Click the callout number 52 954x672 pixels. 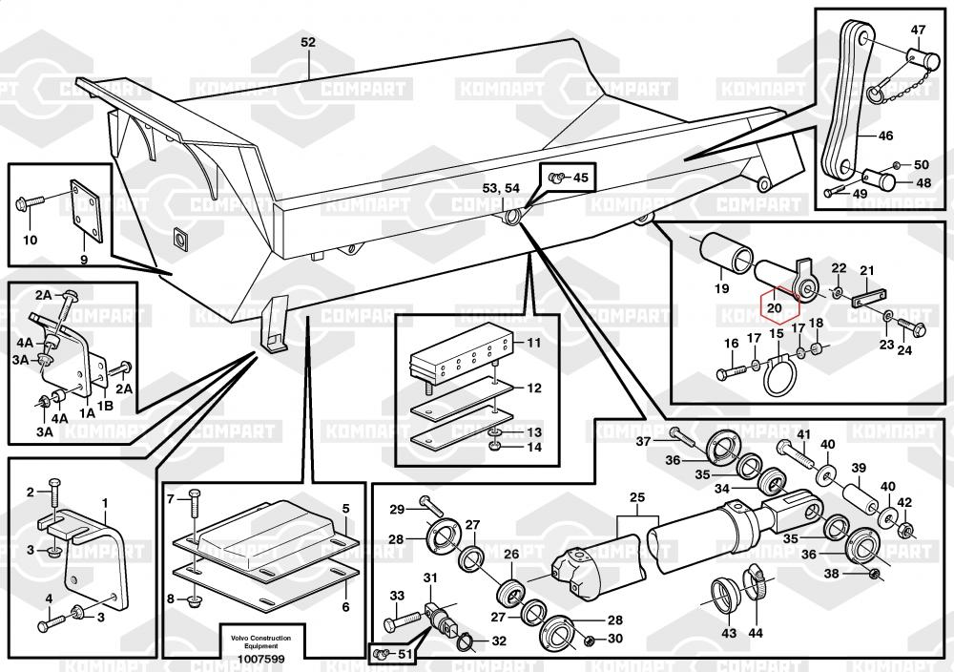pyautogui.click(x=307, y=43)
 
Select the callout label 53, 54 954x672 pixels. pyautogui.click(x=501, y=189)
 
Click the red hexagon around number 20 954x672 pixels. pyautogui.click(x=774, y=306)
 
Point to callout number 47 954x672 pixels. pyautogui.click(x=917, y=30)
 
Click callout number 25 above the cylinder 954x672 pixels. pyautogui.click(x=636, y=497)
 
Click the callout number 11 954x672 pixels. pyautogui.click(x=533, y=342)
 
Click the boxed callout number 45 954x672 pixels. pyautogui.click(x=581, y=177)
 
